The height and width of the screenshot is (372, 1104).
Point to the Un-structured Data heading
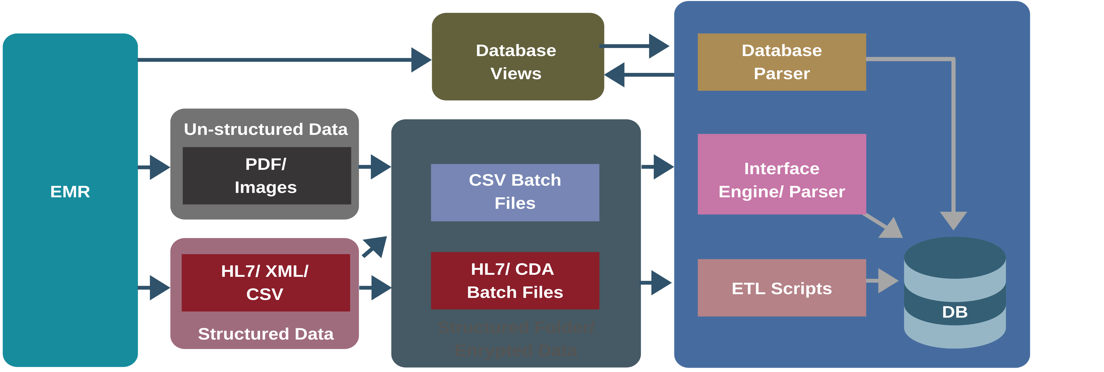266,129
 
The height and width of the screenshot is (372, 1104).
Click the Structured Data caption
266,334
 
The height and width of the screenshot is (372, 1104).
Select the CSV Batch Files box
515,192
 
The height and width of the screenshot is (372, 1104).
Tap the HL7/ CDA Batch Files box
515,281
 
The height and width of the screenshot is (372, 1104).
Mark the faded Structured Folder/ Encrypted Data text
516,339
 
